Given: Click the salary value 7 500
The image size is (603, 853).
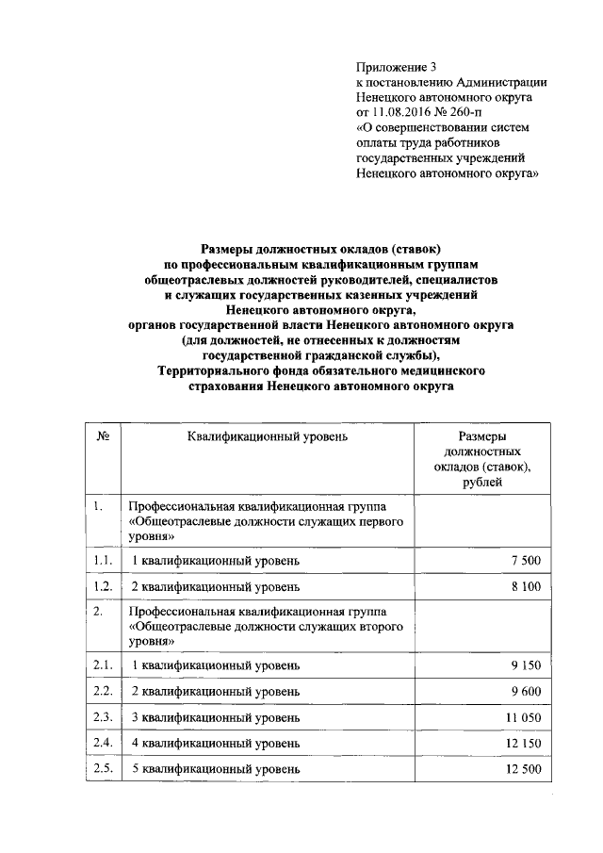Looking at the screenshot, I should point(525,561).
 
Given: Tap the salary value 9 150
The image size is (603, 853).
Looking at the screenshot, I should point(525,665).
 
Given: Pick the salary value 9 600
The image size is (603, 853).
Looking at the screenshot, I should point(525,692).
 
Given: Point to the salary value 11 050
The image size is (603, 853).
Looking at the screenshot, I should point(522,718).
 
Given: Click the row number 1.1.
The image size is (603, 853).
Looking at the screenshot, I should point(104,561).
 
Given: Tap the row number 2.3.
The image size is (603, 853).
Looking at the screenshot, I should point(104,718).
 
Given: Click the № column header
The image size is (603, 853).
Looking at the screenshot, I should point(104,437).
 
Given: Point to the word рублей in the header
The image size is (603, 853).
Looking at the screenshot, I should point(482,483).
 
